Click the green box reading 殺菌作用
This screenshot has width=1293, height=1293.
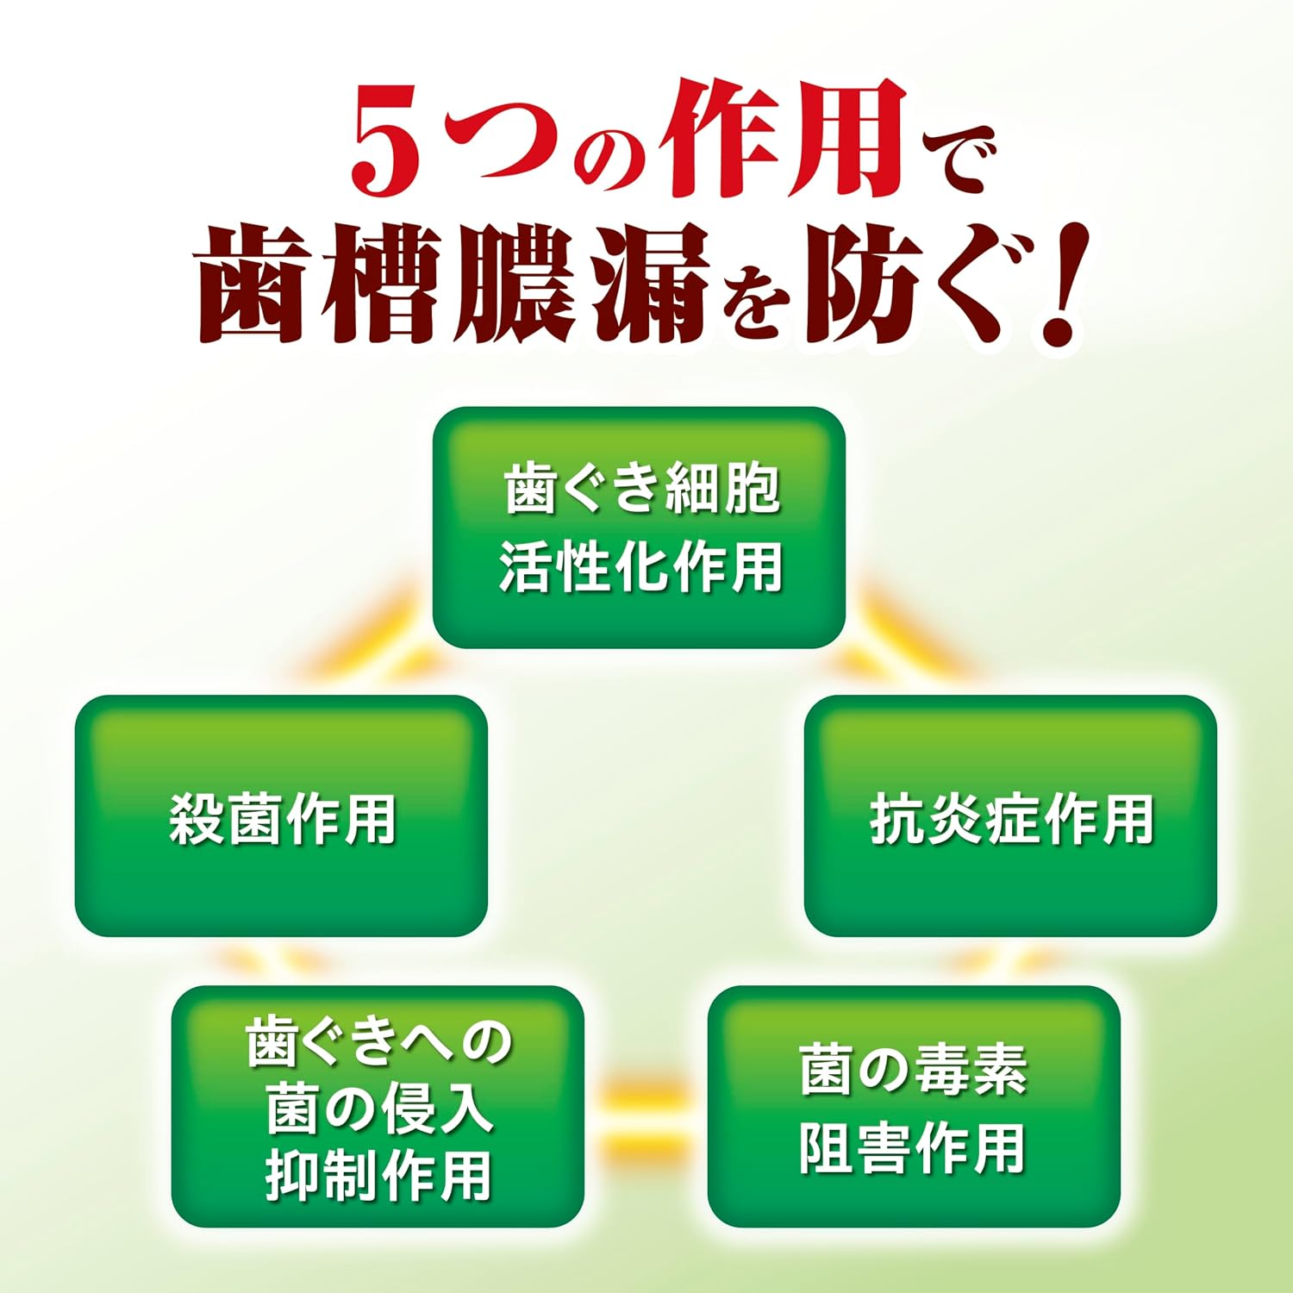tap(281, 815)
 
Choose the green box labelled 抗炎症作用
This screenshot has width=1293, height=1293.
tap(1010, 815)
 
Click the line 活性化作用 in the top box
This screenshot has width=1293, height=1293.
tap(640, 566)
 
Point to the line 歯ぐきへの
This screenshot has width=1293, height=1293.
tap(378, 1041)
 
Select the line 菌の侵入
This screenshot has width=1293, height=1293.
tap(378, 1109)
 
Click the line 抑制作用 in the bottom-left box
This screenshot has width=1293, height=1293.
tap(378, 1175)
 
